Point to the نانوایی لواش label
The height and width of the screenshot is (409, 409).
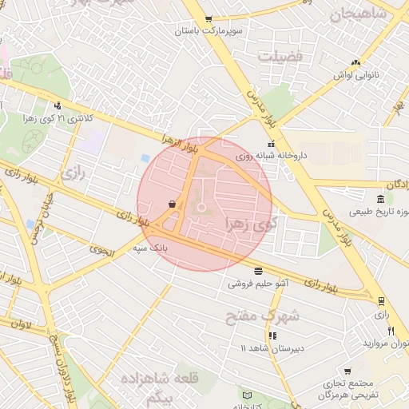354,74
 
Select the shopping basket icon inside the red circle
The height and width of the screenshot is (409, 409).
173,204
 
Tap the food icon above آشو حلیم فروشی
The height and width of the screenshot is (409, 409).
257,271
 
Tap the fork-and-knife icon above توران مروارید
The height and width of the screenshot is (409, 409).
391,332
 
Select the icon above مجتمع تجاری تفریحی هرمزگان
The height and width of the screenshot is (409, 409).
348,371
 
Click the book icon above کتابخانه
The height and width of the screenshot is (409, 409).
247,395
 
